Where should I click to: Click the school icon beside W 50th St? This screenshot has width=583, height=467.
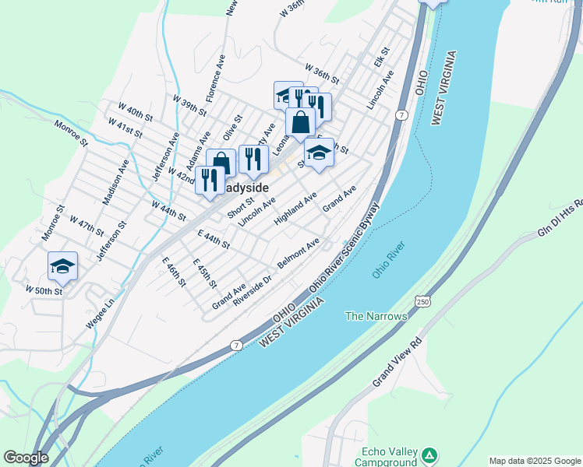click(x=62, y=266)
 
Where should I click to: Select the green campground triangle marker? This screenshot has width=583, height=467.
click(x=429, y=454)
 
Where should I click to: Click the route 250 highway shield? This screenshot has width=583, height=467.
click(x=422, y=301)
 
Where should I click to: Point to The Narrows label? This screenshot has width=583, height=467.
click(x=376, y=316)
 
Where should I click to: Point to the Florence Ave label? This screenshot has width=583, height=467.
click(x=216, y=79)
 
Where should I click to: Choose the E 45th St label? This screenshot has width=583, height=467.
click(x=204, y=274)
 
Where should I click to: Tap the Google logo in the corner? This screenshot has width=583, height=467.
click(x=25, y=458)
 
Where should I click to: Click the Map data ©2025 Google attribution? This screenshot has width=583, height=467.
click(x=535, y=461)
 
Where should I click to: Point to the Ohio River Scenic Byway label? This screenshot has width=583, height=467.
click(x=344, y=248)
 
